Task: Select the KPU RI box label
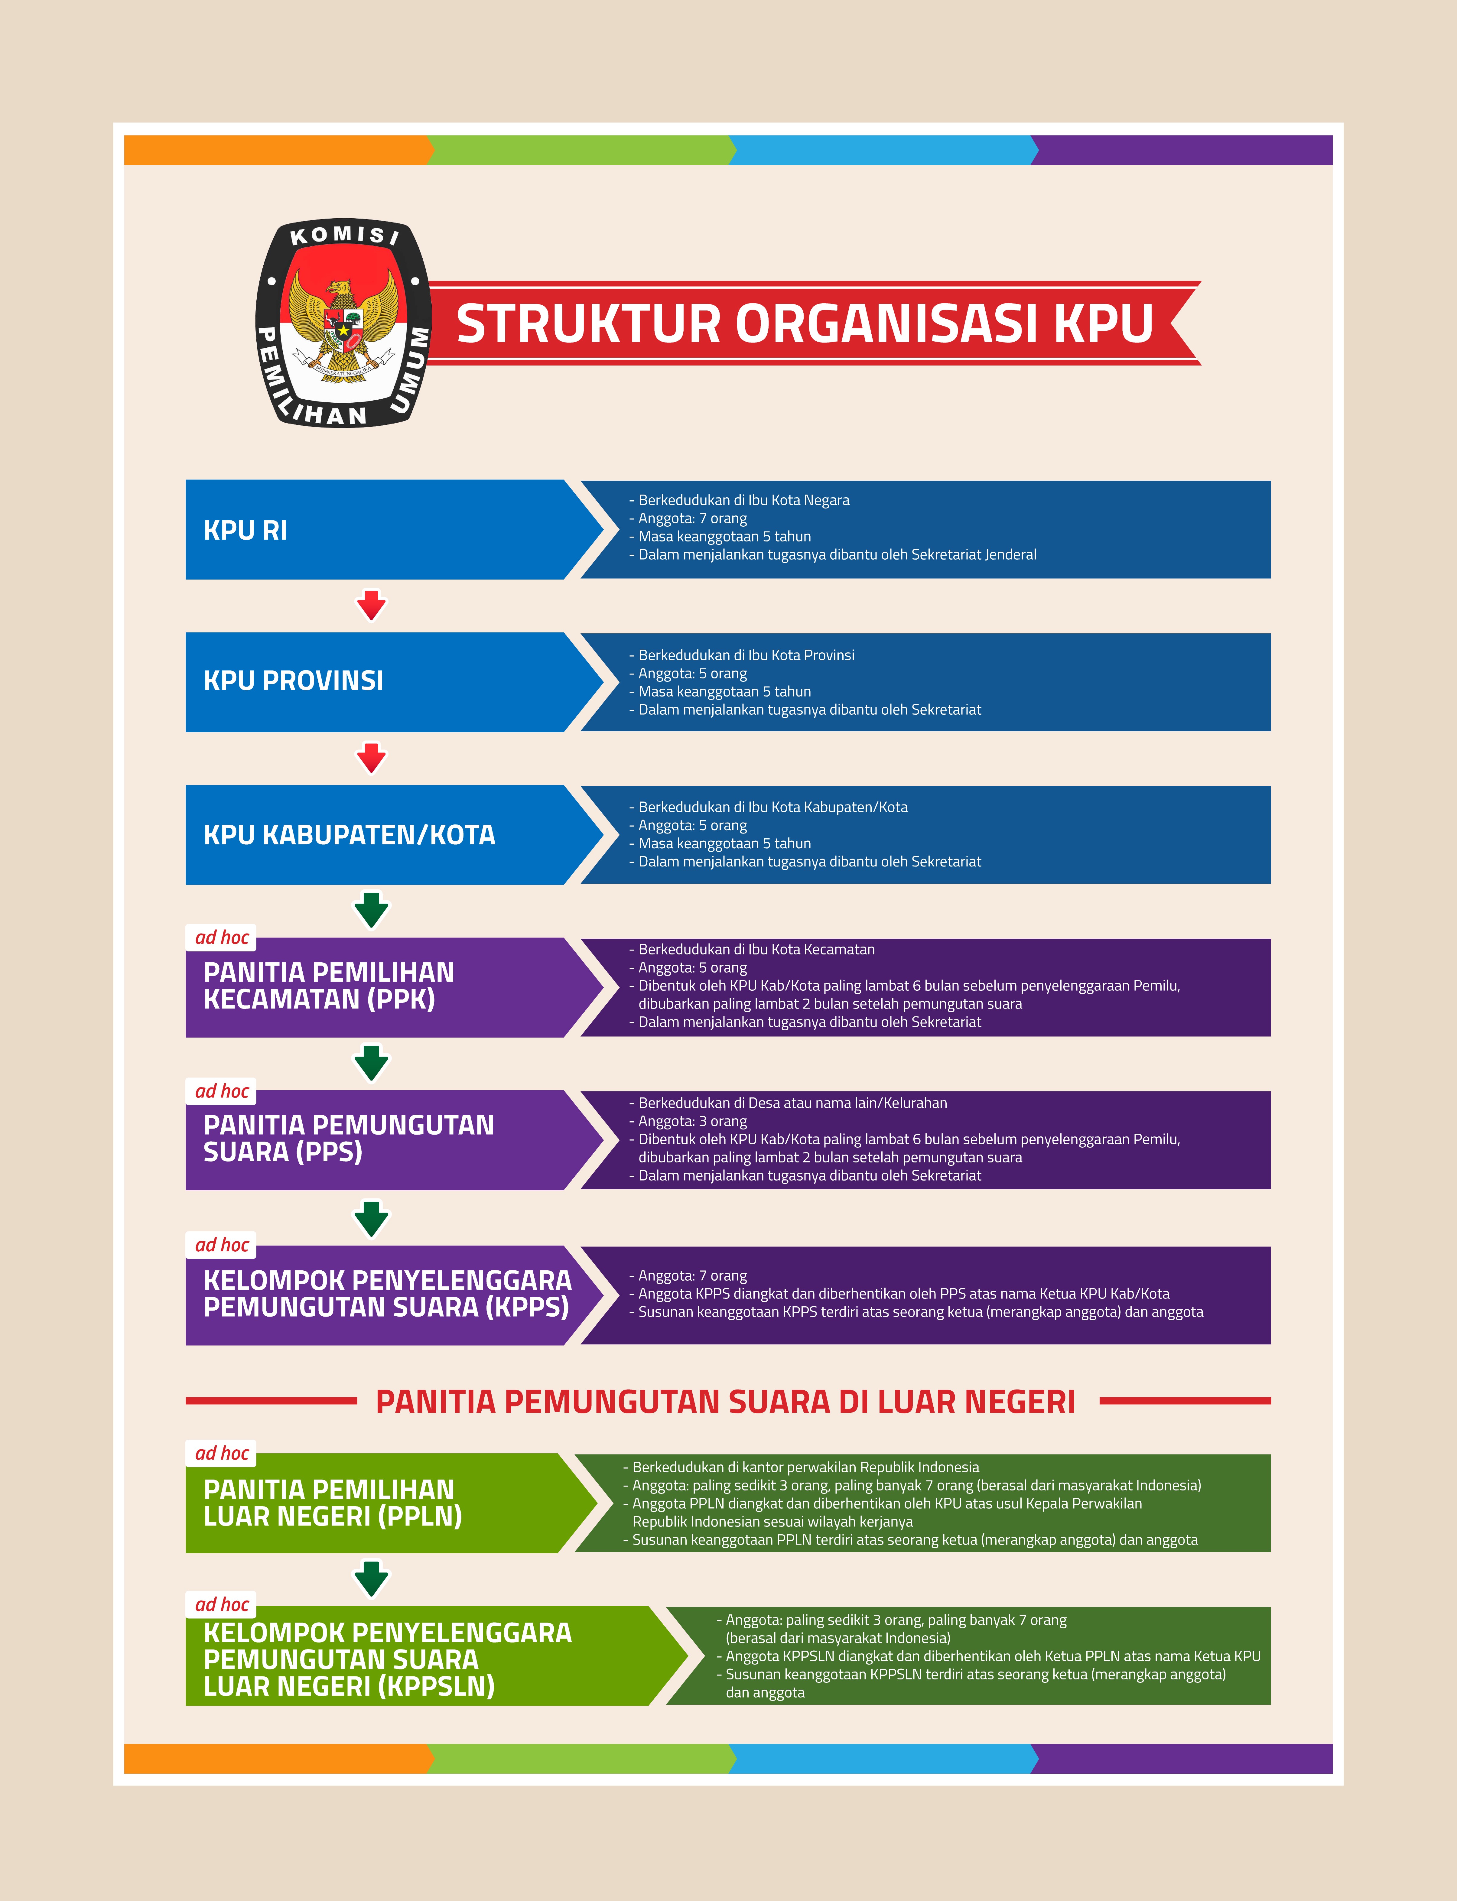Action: pyautogui.click(x=246, y=530)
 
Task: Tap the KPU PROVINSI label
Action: pyautogui.click(x=293, y=681)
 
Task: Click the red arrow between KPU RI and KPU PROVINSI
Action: pyautogui.click(x=371, y=604)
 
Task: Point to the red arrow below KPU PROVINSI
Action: pyautogui.click(x=371, y=757)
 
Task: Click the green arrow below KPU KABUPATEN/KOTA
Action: pyautogui.click(x=371, y=910)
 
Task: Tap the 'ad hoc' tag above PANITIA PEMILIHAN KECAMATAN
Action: pyautogui.click(x=222, y=938)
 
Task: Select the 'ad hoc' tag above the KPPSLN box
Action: pyautogui.click(x=222, y=1604)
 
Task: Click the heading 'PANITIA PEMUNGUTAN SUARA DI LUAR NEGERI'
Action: pyautogui.click(x=725, y=1402)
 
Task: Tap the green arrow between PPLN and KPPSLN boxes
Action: pyautogui.click(x=371, y=1578)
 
